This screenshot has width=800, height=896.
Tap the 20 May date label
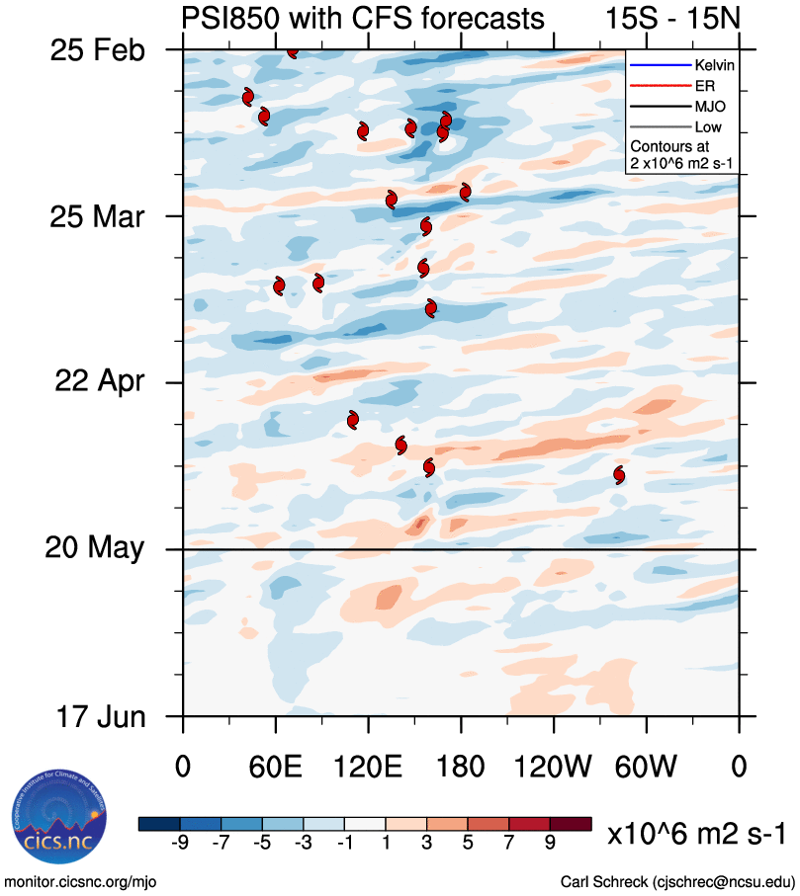[x=97, y=547]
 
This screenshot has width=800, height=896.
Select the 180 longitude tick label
[x=461, y=767]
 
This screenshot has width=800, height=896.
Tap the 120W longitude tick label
[x=555, y=767]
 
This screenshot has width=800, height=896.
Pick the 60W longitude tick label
[x=647, y=767]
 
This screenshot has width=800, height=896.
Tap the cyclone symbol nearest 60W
[x=619, y=475]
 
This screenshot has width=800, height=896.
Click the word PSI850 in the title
[x=227, y=18]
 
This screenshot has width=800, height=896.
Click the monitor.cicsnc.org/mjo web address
[x=81, y=881]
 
